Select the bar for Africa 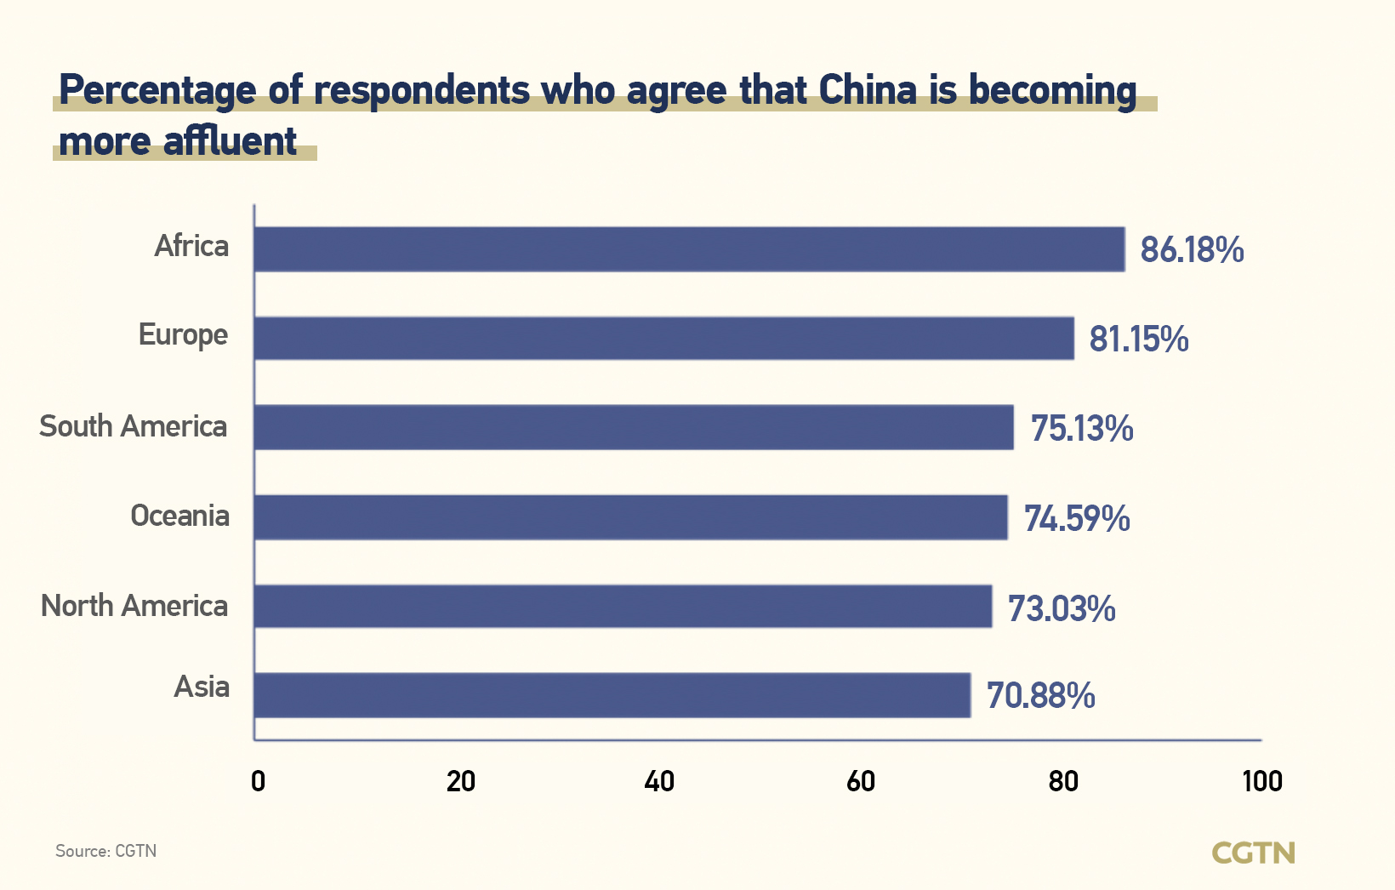[x=689, y=249]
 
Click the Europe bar [x=663, y=339]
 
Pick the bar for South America [x=634, y=427]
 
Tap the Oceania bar [x=630, y=517]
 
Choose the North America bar [x=623, y=607]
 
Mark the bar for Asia [x=612, y=695]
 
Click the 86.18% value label [x=1192, y=250]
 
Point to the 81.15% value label [x=1139, y=339]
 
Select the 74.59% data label [x=1077, y=518]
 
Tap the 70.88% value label [x=1040, y=696]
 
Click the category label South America [x=134, y=426]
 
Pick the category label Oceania [x=179, y=516]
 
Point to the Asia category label [x=202, y=687]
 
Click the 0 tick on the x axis [x=258, y=781]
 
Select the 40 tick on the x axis [x=659, y=781]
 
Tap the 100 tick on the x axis [x=1262, y=781]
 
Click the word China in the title [x=868, y=90]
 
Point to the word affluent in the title [x=231, y=141]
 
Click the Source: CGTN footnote [x=106, y=851]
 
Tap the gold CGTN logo [x=1253, y=853]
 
